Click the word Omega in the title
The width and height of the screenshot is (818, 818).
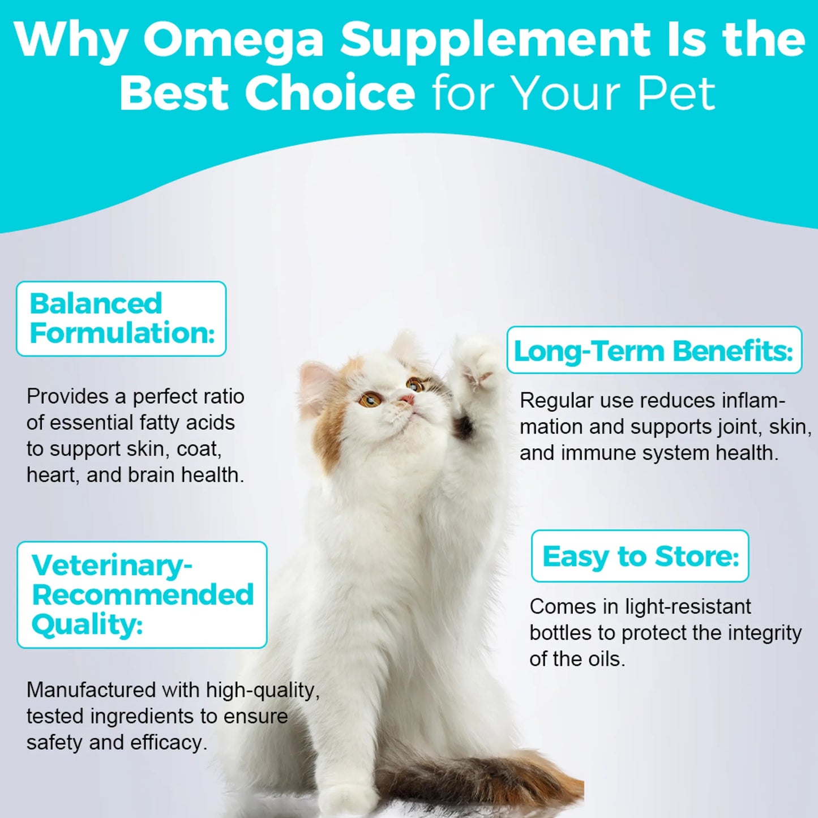[233, 41]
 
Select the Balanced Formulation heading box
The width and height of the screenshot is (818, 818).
[121, 319]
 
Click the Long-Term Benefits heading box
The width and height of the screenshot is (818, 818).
[654, 350]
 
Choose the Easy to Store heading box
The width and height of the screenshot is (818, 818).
[640, 556]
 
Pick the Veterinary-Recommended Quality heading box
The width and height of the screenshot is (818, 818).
[142, 594]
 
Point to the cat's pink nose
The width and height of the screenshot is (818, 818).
[407, 400]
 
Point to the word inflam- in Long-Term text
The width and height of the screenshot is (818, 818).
[753, 401]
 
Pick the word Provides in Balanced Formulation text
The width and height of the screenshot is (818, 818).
[68, 397]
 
